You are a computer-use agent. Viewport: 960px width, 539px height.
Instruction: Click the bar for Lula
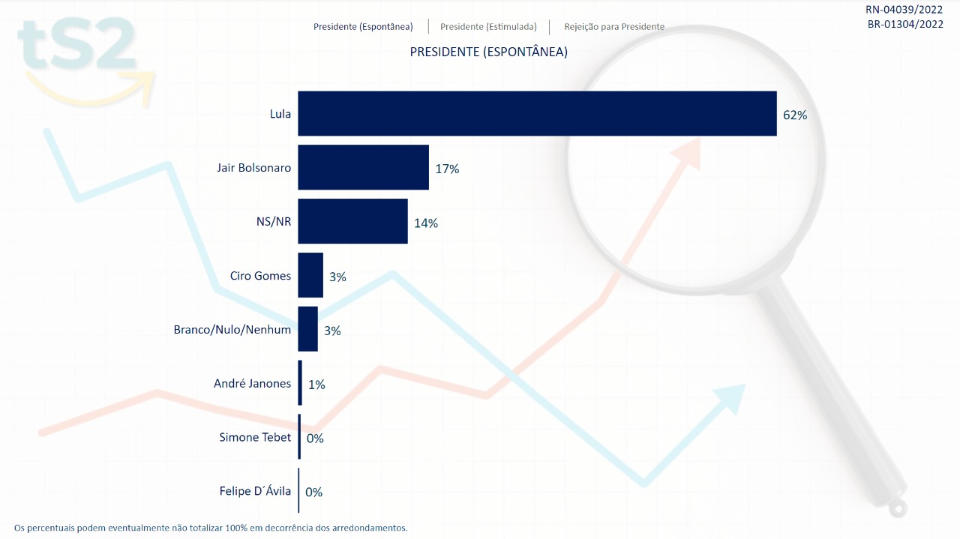537,113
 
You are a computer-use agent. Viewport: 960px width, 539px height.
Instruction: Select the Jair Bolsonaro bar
363,167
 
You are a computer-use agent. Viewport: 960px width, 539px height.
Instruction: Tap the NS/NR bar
352,221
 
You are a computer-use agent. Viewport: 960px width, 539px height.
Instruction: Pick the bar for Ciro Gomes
310,275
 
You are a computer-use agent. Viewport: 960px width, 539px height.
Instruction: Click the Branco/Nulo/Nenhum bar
307,329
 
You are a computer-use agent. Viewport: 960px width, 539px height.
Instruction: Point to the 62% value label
794,115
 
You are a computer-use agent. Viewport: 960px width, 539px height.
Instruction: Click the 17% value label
447,169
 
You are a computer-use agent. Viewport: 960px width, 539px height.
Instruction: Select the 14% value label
426,223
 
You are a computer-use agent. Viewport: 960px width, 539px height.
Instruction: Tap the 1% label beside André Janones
316,385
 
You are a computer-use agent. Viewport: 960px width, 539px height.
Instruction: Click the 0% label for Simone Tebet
315,439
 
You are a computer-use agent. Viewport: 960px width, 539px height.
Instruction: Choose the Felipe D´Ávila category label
255,491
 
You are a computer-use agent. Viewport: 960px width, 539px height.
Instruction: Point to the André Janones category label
252,383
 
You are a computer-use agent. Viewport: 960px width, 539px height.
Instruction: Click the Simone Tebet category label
255,437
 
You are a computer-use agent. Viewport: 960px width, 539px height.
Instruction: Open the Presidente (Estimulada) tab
488,27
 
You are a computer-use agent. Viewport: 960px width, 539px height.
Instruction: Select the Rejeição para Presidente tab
614,27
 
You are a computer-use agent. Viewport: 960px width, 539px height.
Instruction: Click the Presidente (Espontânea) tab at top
363,27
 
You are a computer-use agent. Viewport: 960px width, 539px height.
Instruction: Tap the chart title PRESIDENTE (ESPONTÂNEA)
488,52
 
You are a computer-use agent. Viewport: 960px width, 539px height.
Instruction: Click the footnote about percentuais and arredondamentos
211,528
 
